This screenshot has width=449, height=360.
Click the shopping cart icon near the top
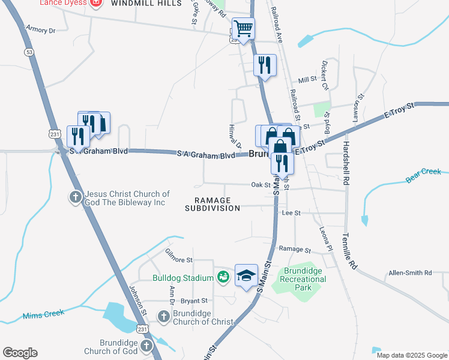point(243,28)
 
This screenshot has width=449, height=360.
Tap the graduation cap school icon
point(246,275)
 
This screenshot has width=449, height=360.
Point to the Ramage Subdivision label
point(212,204)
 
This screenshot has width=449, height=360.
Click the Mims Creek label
point(43,316)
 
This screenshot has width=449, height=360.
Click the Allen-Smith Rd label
point(410,273)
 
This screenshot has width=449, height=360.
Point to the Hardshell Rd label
point(346,163)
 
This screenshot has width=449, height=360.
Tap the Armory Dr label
point(41,29)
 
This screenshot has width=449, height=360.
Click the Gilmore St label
point(179,260)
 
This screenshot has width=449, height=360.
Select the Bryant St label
point(193,301)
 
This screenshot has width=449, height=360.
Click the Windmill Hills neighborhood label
point(146,3)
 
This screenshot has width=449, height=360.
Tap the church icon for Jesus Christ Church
point(76,196)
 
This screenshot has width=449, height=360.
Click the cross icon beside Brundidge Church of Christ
point(164,316)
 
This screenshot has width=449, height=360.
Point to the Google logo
point(20,353)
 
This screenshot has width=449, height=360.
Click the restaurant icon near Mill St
point(265,64)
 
